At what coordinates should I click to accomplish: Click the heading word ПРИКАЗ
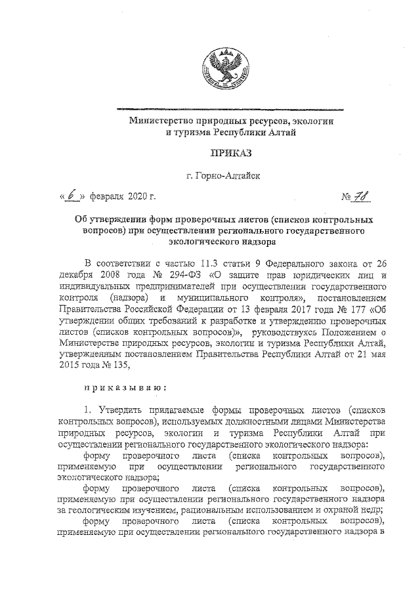click(x=229, y=154)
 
